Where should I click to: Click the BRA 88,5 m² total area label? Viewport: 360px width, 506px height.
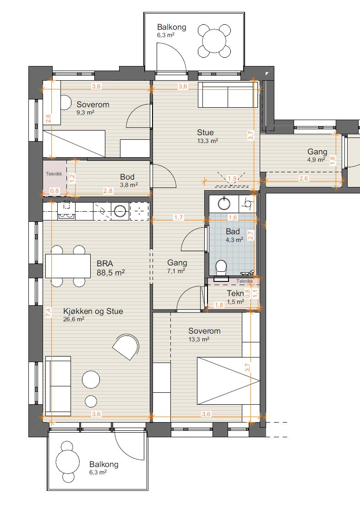pyautogui.click(x=111, y=268)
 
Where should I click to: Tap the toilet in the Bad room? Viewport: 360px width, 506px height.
pyautogui.click(x=221, y=268)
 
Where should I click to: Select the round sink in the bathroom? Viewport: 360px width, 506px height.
pyautogui.click(x=224, y=203)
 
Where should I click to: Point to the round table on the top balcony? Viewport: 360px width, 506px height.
pyautogui.click(x=214, y=41)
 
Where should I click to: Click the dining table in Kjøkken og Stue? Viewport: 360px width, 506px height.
pyautogui.click(x=68, y=266)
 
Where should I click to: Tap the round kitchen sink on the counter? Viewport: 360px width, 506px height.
pyautogui.click(x=120, y=211)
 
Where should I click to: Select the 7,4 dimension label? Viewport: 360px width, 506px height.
pyautogui.click(x=48, y=312)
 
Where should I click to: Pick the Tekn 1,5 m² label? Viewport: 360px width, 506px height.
pyautogui.click(x=235, y=297)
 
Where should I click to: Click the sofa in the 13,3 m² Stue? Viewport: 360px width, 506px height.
pyautogui.click(x=228, y=94)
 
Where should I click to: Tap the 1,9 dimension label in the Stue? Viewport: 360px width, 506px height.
pyautogui.click(x=232, y=178)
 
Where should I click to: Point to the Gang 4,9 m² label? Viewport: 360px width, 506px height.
pyautogui.click(x=317, y=155)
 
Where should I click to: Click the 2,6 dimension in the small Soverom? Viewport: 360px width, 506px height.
pyautogui.click(x=48, y=118)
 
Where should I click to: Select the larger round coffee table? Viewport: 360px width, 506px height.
pyautogui.click(x=91, y=379)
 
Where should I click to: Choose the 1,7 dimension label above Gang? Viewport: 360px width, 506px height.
pyautogui.click(x=179, y=218)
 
